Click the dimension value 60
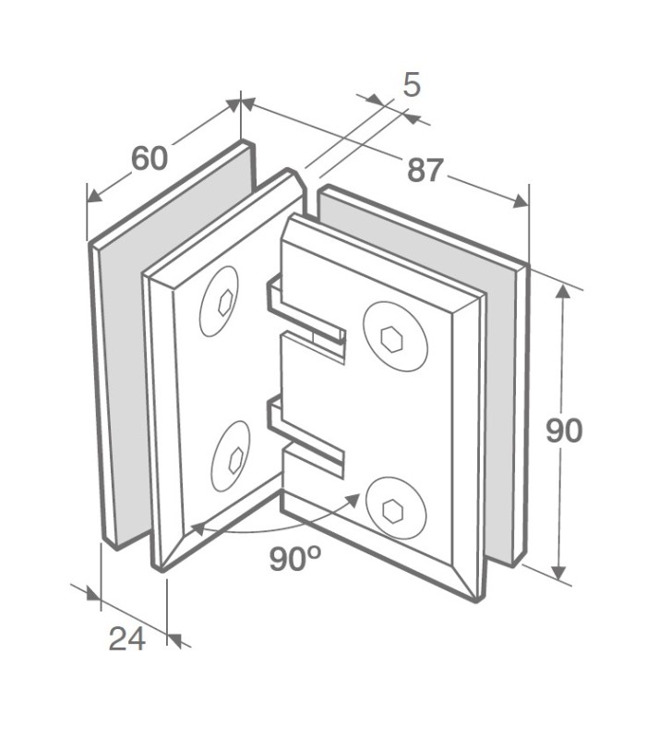(150, 158)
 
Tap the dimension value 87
(425, 169)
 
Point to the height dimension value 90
(564, 430)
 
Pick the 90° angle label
(294, 559)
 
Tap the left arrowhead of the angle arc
(197, 529)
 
